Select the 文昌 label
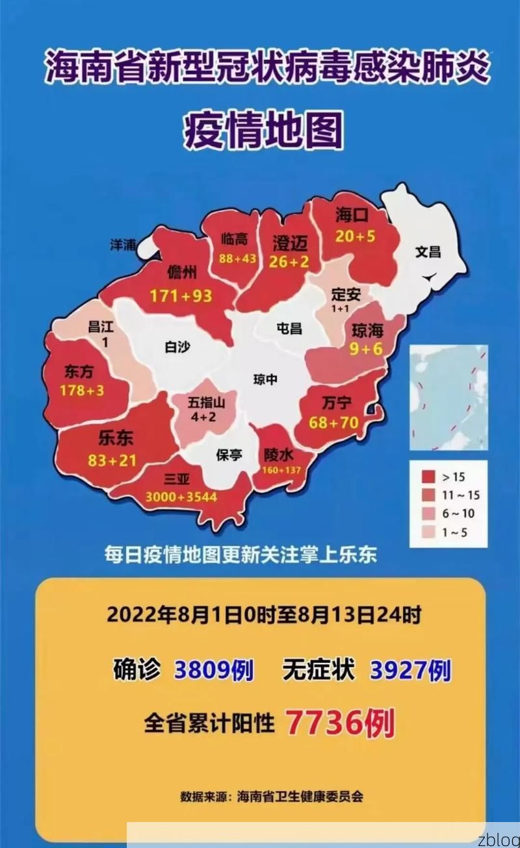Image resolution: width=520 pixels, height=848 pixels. coord(428,251)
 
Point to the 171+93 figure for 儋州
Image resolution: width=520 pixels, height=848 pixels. coord(181,296)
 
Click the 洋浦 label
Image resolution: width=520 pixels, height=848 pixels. coord(123,245)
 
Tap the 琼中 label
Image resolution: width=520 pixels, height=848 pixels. coord(265,379)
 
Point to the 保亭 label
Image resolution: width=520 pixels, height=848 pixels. coord(229,455)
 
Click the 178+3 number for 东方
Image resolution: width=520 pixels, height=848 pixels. coord(82,391)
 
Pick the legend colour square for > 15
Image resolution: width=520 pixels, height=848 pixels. coord(428,477)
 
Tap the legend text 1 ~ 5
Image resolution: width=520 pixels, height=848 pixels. coord(454,533)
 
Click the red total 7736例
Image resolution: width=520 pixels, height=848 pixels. coord(340,722)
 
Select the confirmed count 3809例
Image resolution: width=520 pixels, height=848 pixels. coord(214,670)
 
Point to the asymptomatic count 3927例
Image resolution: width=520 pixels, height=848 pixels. coord(410,670)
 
